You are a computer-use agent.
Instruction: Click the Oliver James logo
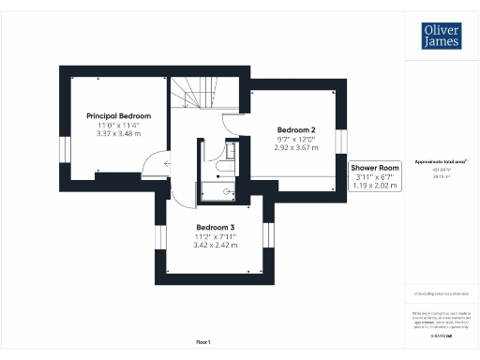point(440,37)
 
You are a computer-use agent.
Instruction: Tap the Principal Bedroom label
point(119,115)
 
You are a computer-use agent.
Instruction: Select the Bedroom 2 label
point(296,129)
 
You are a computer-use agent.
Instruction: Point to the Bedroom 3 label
point(216,228)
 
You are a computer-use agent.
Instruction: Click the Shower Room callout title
point(376,167)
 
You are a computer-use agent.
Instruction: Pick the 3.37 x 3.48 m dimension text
point(119,134)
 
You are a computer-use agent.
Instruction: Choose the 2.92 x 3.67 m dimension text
point(296,147)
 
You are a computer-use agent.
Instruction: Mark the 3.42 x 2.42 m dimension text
point(216,246)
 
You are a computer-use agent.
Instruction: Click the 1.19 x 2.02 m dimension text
point(376,186)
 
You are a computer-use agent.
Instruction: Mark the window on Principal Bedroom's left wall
point(64,151)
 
